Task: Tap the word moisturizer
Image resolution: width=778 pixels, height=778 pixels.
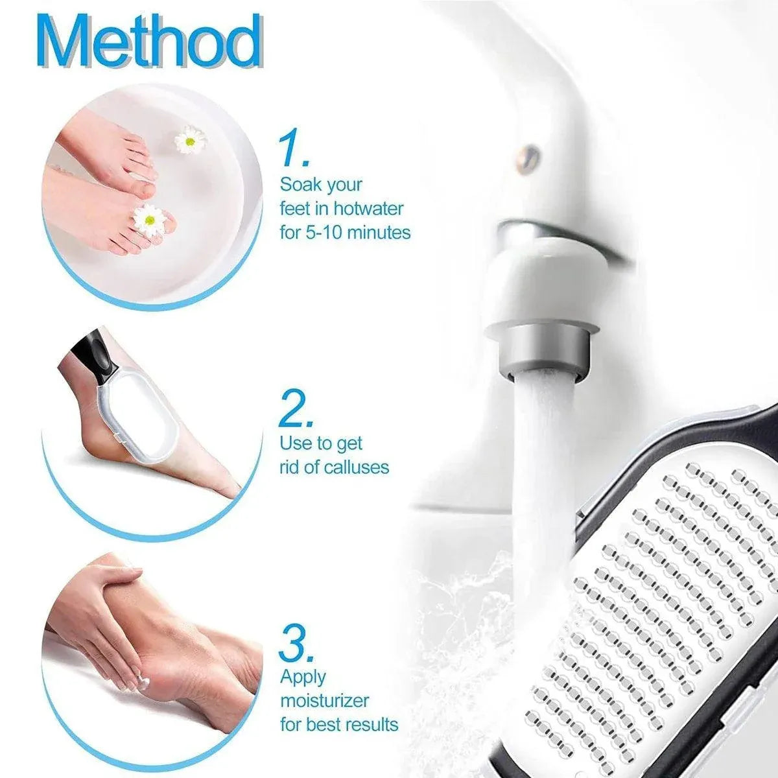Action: (x=325, y=701)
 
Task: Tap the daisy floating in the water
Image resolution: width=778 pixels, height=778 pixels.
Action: (x=189, y=139)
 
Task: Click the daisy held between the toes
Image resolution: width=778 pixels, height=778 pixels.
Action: (x=149, y=220)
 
